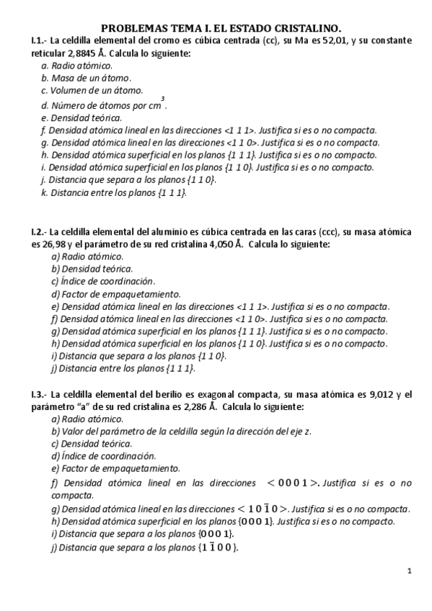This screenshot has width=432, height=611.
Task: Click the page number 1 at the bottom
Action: tap(409, 572)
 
